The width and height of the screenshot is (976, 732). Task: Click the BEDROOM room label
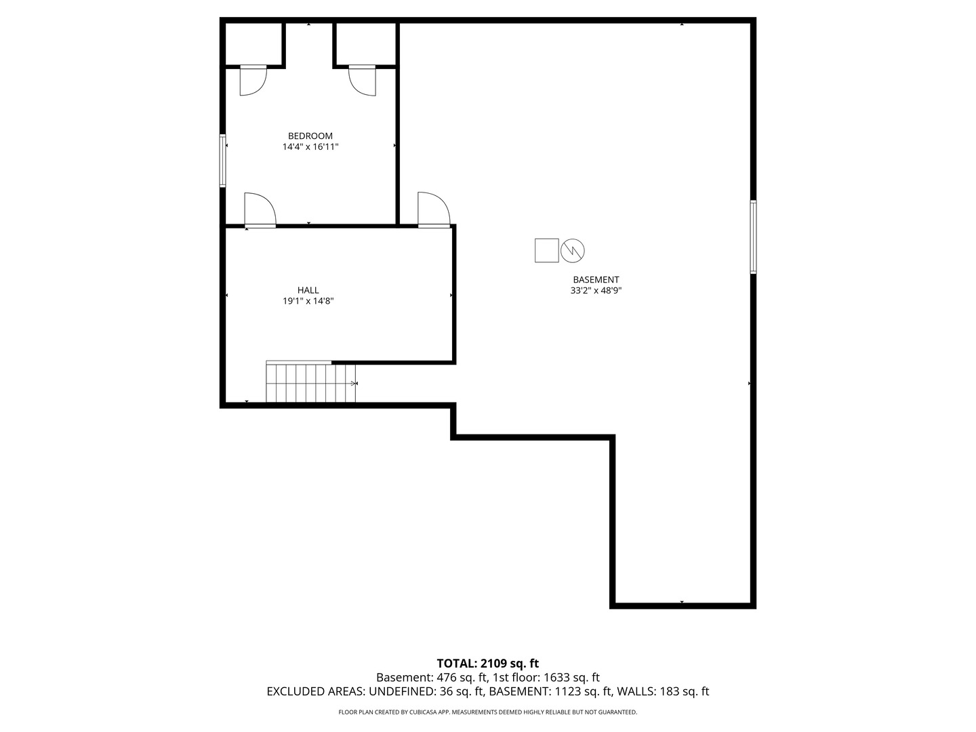(310, 136)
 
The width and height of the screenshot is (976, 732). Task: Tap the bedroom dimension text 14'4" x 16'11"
(310, 147)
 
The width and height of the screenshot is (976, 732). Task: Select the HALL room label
(308, 291)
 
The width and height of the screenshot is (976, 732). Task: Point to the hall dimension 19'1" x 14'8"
(308, 302)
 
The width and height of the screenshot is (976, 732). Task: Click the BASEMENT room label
(596, 280)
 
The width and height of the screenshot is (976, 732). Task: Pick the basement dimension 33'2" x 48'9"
(596, 291)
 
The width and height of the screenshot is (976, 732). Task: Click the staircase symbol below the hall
(311, 383)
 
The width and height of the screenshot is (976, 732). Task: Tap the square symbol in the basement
(547, 250)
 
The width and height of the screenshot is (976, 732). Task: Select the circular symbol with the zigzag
(573, 250)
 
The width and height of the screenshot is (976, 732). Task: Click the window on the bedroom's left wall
(222, 161)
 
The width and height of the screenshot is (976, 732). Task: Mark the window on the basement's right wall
(753, 237)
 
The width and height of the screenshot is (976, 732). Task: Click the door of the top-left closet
(253, 81)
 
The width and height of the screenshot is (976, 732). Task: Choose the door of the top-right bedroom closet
(363, 81)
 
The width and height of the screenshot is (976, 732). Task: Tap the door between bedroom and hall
(260, 210)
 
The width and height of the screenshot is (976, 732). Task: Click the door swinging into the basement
(434, 209)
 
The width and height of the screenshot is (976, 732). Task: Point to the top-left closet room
(253, 45)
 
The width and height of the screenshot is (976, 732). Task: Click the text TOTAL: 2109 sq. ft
(487, 664)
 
